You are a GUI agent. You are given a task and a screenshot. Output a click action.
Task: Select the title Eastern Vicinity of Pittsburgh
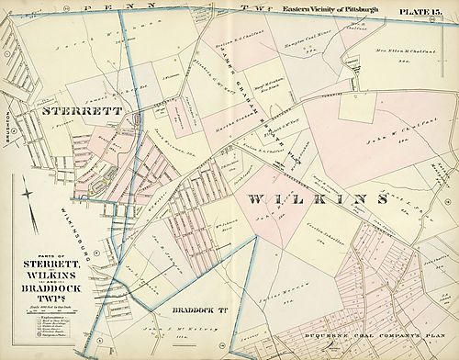click(331, 9)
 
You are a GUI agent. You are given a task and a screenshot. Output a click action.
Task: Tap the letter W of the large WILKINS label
click(259, 199)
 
